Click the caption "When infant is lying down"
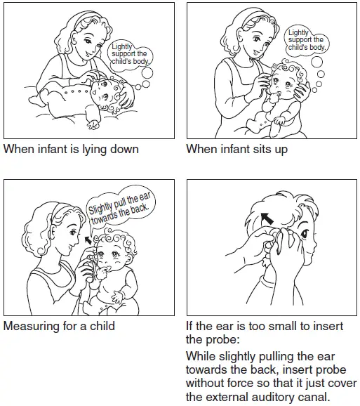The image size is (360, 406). [71, 149]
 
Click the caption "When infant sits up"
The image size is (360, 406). [236, 149]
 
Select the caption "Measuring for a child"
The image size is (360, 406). [59, 326]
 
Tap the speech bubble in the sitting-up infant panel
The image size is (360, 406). [306, 40]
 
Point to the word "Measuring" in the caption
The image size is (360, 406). [31, 326]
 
